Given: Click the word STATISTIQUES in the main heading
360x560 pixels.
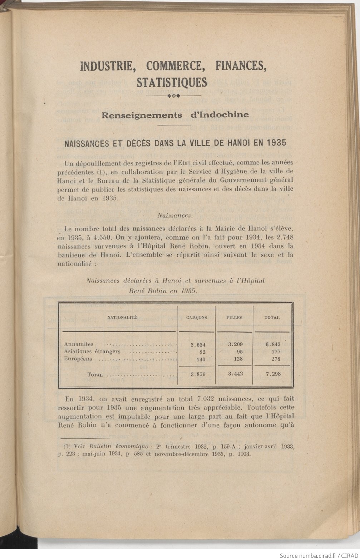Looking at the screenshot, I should click(x=172, y=82).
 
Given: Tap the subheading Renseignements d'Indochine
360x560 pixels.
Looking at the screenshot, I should click(x=175, y=115).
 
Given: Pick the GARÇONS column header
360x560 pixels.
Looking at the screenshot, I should click(x=196, y=317).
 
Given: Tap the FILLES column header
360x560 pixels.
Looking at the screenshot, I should click(x=234, y=317).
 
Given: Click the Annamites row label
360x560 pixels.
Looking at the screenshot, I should click(x=79, y=344).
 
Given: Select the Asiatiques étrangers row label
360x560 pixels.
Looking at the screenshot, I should click(x=92, y=352).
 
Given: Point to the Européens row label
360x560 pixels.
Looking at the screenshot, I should click(x=78, y=359).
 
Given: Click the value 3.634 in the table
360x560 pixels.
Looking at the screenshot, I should click(x=198, y=345).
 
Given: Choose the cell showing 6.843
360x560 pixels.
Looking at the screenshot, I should click(x=273, y=344).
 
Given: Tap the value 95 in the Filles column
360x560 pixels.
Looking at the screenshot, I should click(x=240, y=352).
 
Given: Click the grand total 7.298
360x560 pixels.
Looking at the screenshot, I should click(x=273, y=374).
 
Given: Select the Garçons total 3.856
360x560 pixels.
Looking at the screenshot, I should click(x=198, y=374).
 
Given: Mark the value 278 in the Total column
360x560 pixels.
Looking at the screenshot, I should click(x=275, y=359).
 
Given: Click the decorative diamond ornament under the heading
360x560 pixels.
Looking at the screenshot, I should click(x=175, y=96).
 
